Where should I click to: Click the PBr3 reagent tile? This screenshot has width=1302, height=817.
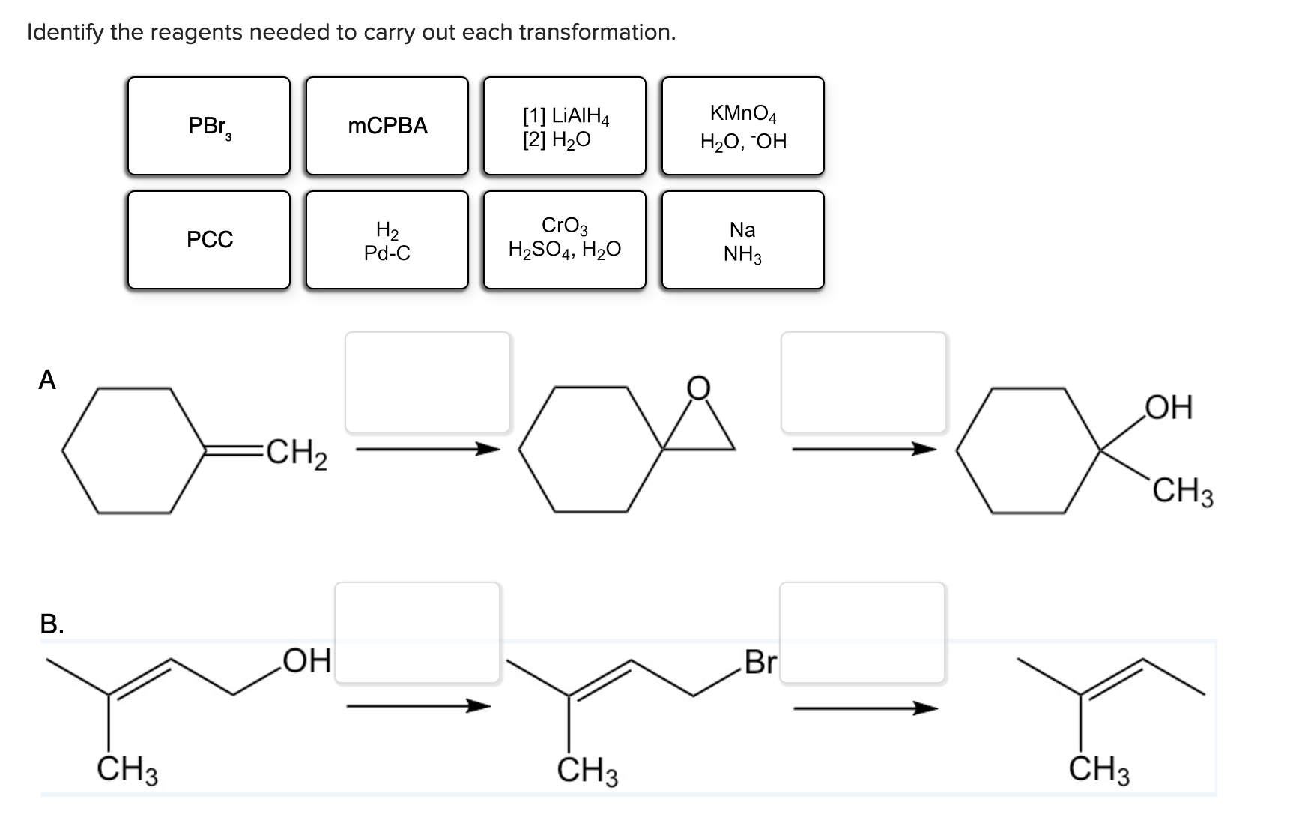coord(208,126)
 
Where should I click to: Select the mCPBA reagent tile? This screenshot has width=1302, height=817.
coord(387,126)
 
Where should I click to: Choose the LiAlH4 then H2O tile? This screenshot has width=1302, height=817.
coord(565,126)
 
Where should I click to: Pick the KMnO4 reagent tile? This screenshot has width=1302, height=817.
coord(743,126)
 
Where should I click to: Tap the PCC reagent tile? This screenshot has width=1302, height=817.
coord(208,240)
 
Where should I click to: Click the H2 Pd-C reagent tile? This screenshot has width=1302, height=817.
coord(387,240)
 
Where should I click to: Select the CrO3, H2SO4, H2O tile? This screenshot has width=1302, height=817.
coord(565,240)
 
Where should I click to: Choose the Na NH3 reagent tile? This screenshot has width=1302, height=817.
coord(743,240)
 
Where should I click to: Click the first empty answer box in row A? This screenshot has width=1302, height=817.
coord(427,382)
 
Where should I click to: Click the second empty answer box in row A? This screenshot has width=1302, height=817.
coord(863,382)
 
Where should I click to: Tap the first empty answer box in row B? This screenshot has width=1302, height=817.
coord(417,632)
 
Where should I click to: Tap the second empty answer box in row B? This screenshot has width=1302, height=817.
coord(862,632)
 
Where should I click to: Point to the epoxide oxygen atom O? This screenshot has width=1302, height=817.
coord(698,387)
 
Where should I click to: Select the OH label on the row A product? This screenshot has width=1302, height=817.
coord(1169,408)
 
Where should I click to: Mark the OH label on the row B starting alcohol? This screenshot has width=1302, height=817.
coord(307,661)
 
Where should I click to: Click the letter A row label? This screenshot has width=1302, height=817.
coord(47,381)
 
